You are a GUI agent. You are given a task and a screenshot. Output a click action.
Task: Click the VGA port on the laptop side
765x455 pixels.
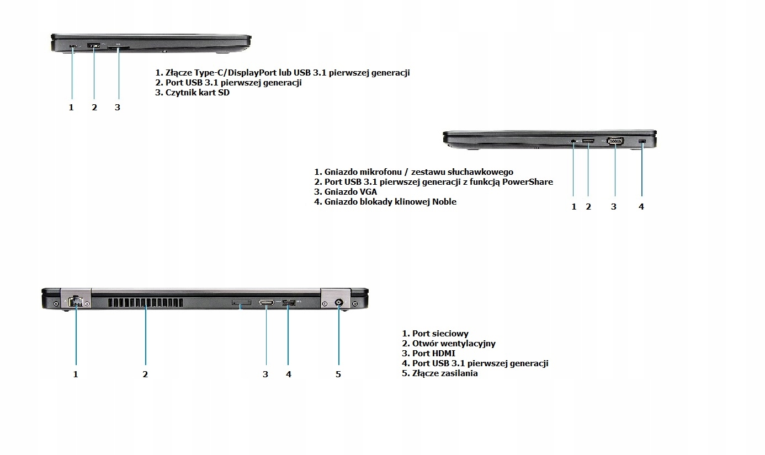click(x=614, y=142)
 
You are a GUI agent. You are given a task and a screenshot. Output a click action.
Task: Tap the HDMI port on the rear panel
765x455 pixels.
click(x=267, y=303)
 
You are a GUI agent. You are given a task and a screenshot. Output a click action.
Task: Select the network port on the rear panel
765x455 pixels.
click(x=75, y=302)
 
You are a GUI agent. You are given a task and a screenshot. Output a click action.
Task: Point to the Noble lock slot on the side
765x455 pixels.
click(x=641, y=142)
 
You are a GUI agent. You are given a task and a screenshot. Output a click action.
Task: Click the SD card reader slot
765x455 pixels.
click(x=119, y=48)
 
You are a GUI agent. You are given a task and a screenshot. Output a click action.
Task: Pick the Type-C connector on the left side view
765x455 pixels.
click(x=73, y=46)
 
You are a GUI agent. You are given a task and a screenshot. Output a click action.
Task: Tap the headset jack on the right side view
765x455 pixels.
click(x=573, y=141)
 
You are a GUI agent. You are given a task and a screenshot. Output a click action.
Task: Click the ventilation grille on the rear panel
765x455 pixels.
click(x=145, y=303)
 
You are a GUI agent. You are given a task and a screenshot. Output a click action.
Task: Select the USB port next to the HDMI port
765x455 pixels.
click(x=288, y=303)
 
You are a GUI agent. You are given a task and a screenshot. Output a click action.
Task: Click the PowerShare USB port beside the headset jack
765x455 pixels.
click(x=588, y=141)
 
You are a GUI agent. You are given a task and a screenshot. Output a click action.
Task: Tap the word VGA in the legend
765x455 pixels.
click(x=367, y=192)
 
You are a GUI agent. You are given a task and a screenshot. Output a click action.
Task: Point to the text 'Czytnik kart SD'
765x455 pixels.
click(x=197, y=93)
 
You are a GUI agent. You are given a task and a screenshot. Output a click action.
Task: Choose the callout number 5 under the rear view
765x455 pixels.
click(x=338, y=374)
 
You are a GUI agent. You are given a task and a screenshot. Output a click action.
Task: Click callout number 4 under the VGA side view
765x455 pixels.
click(x=641, y=207)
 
